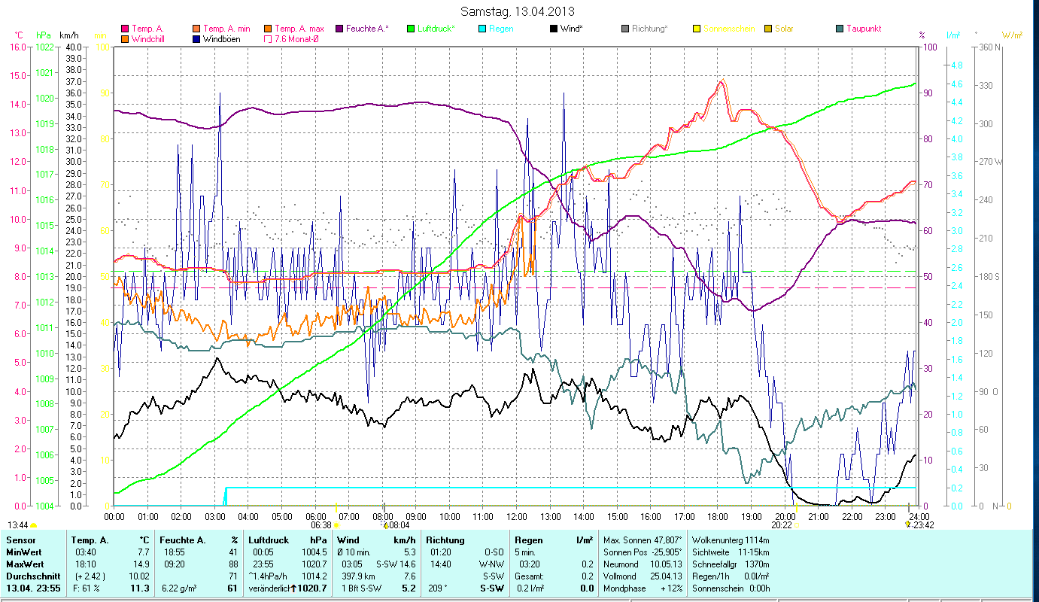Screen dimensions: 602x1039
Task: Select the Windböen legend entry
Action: [221, 38]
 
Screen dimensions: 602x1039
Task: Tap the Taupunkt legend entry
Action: [863, 29]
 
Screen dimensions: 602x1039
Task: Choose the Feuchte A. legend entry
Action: [366, 29]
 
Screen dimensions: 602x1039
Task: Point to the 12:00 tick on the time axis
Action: [517, 516]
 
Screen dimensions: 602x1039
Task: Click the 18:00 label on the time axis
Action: [718, 516]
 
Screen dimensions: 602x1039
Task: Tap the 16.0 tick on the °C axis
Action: [17, 47]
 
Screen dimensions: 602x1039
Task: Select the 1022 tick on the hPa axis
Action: [44, 47]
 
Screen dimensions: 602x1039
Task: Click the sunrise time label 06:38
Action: [321, 525]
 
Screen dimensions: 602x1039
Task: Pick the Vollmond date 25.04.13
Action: [666, 576]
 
